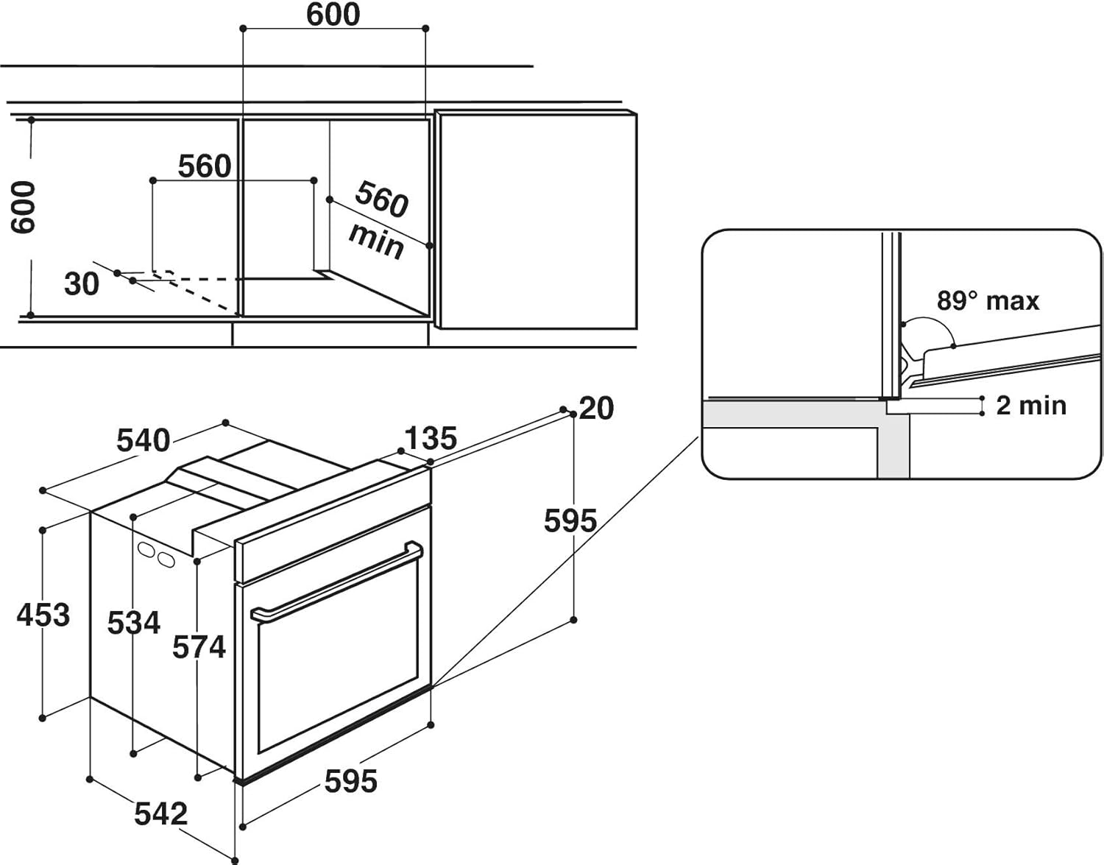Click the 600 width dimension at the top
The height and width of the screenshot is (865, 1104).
click(x=333, y=15)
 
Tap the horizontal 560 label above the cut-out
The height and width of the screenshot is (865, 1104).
click(x=205, y=166)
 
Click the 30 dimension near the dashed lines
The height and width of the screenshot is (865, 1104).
click(x=81, y=283)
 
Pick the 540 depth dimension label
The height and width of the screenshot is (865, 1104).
click(x=144, y=440)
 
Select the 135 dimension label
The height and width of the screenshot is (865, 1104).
click(x=431, y=438)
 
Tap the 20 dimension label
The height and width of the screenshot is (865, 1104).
click(x=596, y=408)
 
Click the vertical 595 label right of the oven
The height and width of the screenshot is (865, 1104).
click(x=570, y=521)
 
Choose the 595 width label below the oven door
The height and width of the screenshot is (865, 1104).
click(x=351, y=781)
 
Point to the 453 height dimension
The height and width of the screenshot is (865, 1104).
click(x=43, y=615)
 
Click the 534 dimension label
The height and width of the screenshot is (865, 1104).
click(x=133, y=623)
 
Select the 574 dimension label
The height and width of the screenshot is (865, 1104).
click(x=199, y=647)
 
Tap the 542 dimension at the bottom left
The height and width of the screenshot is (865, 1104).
click(x=160, y=813)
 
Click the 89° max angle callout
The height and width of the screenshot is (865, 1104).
click(x=988, y=301)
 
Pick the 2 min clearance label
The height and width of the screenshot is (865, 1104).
click(x=1030, y=405)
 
